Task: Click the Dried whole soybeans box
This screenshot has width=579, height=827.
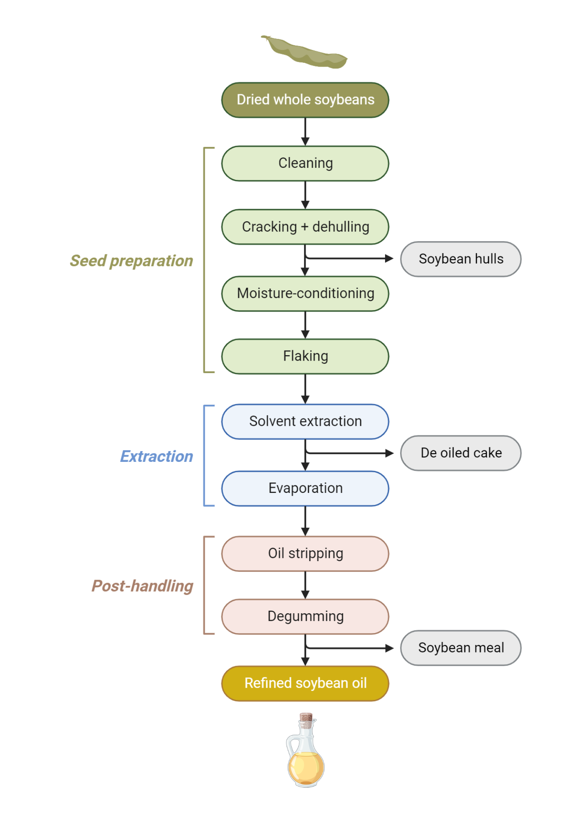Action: (x=305, y=100)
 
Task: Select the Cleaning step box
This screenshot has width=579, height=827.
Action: (x=305, y=163)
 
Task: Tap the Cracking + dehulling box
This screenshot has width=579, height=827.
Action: (x=305, y=227)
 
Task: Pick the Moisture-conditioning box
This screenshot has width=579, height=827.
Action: (x=305, y=294)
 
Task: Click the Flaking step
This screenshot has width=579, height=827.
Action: (x=305, y=356)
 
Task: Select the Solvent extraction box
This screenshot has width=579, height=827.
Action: (x=305, y=421)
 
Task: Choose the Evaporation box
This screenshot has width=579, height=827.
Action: (x=305, y=488)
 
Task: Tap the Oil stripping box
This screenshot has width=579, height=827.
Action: (x=305, y=554)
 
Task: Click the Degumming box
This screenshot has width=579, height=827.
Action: (x=305, y=617)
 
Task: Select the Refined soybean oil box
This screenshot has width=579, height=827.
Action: (x=305, y=683)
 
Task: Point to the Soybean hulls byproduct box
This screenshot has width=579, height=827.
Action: (x=461, y=259)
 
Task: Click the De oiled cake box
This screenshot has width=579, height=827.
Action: (x=461, y=453)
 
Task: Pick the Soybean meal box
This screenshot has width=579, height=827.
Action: (x=461, y=648)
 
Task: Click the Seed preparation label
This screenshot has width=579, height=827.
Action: (x=132, y=261)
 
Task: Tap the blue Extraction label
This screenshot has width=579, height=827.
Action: (x=156, y=457)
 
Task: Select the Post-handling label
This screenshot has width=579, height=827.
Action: (x=142, y=586)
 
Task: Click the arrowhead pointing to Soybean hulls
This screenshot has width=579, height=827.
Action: (x=389, y=258)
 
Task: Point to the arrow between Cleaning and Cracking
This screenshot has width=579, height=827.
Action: (x=305, y=195)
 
